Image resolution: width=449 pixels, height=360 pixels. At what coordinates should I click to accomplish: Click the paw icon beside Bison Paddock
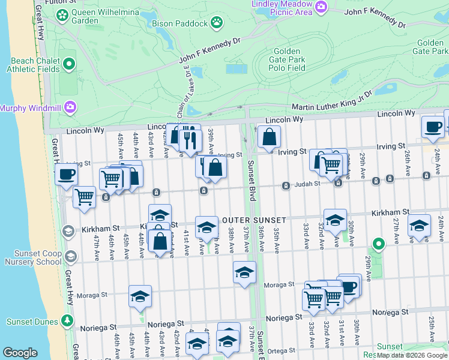pyautogui.click(x=217, y=23)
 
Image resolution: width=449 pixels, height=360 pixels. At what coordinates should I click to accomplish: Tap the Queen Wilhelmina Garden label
pyautogui.click(x=102, y=15)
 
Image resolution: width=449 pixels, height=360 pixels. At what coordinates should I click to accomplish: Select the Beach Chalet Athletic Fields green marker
pyautogui.click(x=69, y=64)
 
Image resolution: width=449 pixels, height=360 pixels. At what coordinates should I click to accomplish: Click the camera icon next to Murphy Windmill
pyautogui.click(x=70, y=107)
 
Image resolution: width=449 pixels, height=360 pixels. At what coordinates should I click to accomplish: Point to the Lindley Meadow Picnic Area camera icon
pyautogui.click(x=321, y=7)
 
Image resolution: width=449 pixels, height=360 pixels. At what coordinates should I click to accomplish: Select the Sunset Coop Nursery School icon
pyautogui.click(x=70, y=257)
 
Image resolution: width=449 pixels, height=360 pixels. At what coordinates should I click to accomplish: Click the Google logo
pyautogui.click(x=20, y=352)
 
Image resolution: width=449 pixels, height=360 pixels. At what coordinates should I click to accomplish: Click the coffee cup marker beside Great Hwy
pyautogui.click(x=66, y=175)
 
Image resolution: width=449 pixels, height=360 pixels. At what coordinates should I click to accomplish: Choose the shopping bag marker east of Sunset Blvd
pyautogui.click(x=269, y=137)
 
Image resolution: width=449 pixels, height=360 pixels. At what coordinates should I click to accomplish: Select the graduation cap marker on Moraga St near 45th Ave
pyautogui.click(x=140, y=296)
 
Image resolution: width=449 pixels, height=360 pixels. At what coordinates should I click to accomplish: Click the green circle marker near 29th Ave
pyautogui.click(x=378, y=244)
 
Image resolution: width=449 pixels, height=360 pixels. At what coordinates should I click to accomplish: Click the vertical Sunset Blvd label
pyautogui.click(x=250, y=186)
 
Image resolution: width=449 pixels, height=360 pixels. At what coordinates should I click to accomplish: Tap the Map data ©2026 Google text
pyautogui.click(x=412, y=355)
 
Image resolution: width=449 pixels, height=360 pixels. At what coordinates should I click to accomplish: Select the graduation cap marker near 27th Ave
pyautogui.click(x=420, y=226)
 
